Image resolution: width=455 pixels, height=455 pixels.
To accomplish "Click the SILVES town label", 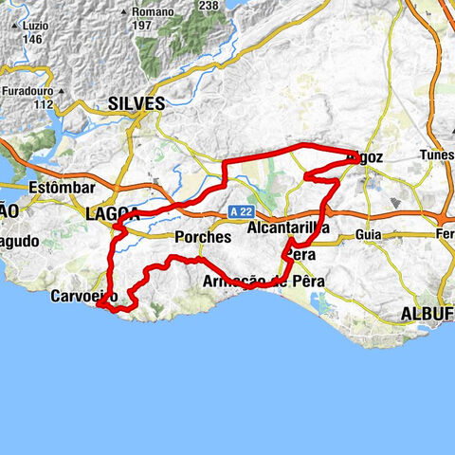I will coord(136,103).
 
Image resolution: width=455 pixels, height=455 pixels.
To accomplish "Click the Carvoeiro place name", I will coord(82,297).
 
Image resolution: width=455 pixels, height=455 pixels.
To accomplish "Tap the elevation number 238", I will coord(209,5).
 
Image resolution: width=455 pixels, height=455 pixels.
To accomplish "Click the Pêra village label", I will coord(300,255).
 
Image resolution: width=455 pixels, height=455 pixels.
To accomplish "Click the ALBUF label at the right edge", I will coord(428,313).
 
